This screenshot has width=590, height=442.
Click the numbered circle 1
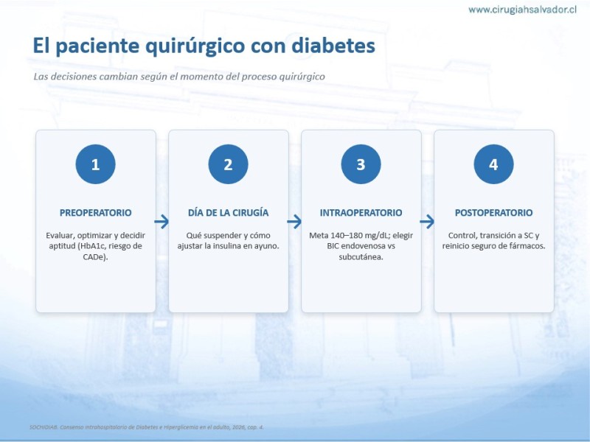[95, 164]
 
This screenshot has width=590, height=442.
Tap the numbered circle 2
[228, 164]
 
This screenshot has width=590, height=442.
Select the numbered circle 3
[361, 164]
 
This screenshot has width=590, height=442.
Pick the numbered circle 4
[493, 164]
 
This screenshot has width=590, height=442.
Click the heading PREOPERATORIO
[96, 213]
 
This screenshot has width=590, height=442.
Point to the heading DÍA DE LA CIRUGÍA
[229, 213]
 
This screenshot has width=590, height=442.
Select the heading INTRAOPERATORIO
[361, 213]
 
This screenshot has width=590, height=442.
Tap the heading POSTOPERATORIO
[493, 213]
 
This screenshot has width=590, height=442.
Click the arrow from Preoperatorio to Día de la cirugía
[162, 222]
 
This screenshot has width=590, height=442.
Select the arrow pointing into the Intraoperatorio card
[294, 222]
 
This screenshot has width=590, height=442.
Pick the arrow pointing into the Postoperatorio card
[428, 222]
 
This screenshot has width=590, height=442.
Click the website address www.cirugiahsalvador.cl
[522, 10]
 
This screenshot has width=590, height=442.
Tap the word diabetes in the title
[333, 45]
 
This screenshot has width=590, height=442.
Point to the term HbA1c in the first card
[91, 246]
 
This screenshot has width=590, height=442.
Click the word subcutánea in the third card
[361, 257]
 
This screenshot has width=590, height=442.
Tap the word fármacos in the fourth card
[527, 246]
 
